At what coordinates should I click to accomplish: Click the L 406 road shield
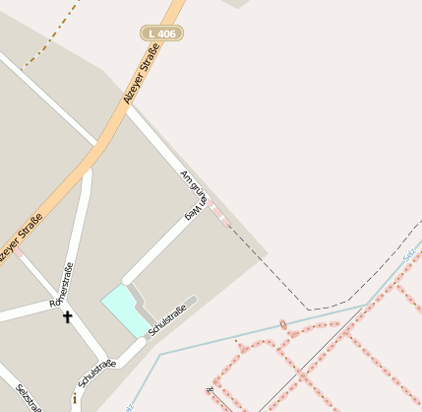pyautogui.click(x=161, y=34)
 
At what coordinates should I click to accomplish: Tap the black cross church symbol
pyautogui.click(x=68, y=316)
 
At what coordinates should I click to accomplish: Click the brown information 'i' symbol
pyautogui.click(x=75, y=399)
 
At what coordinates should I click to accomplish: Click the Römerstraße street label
pyautogui.click(x=61, y=285)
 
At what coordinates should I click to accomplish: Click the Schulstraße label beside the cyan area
pyautogui.click(x=167, y=321)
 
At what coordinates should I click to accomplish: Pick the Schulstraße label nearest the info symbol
pyautogui.click(x=96, y=376)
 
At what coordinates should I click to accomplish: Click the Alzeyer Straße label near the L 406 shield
pyautogui.click(x=140, y=84)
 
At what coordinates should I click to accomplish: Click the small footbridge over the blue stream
pyautogui.click(x=283, y=325)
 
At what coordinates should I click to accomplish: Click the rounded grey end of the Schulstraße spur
pyautogui.click(x=193, y=300)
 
